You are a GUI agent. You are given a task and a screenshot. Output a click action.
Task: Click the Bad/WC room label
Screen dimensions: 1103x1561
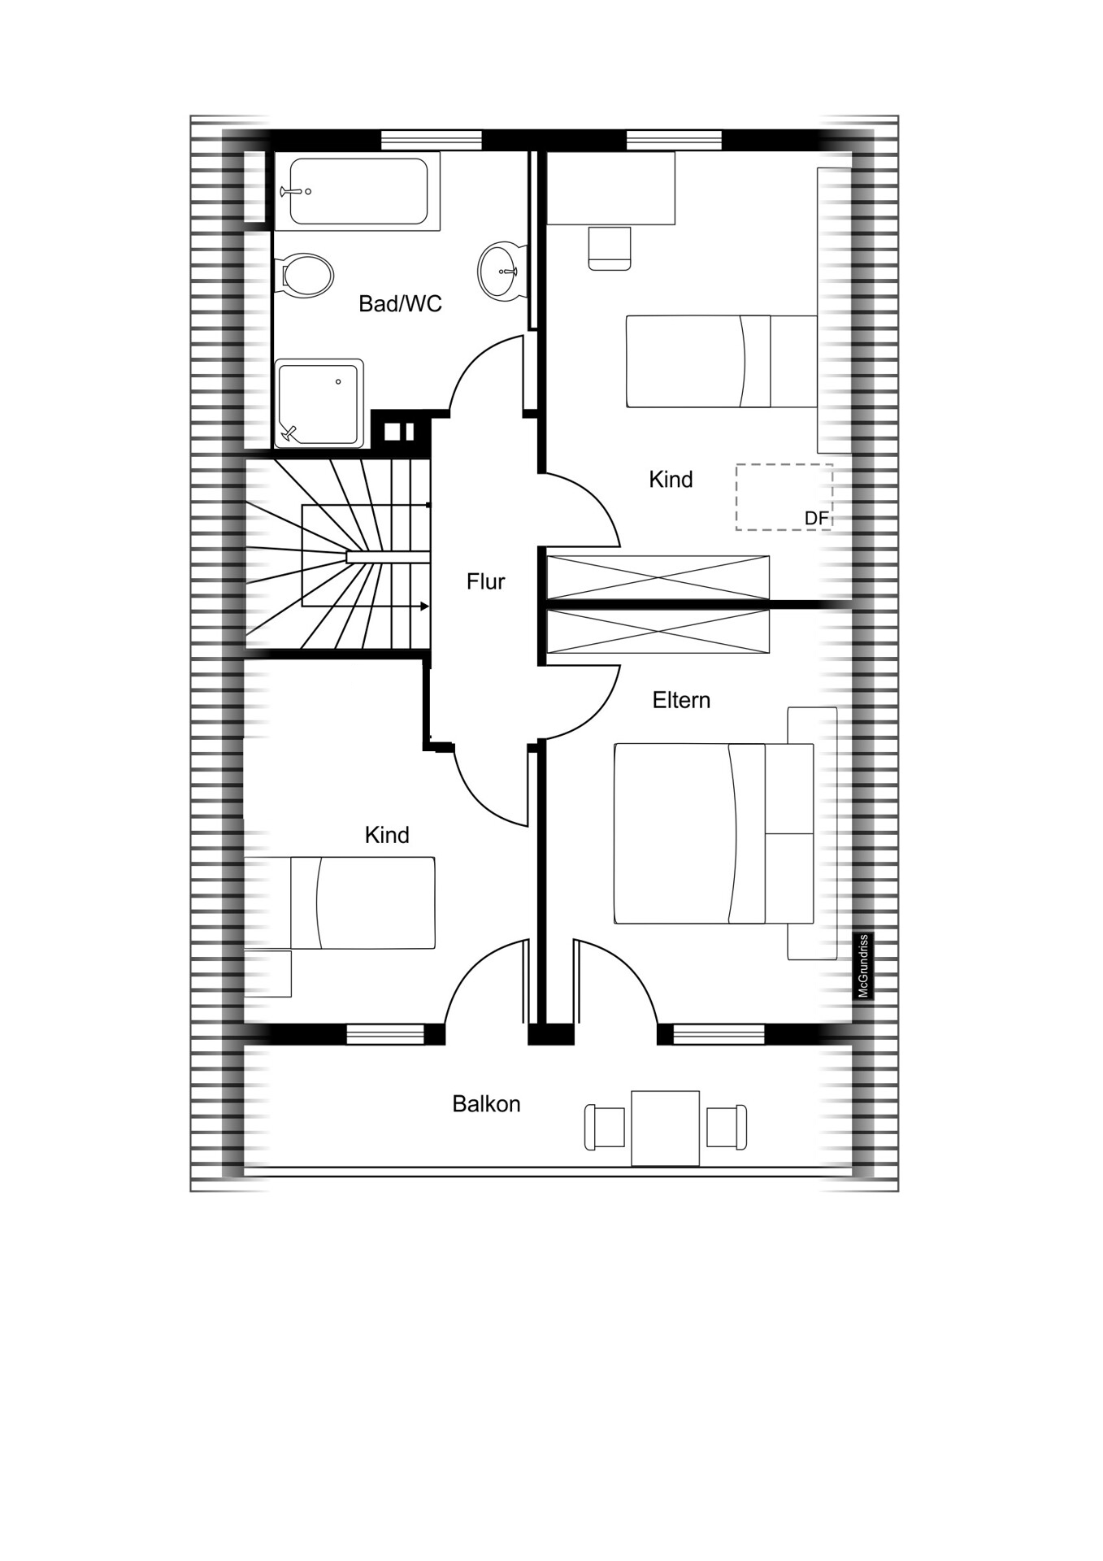click(400, 304)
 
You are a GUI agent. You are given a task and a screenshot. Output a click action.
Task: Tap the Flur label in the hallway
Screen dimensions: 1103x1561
click(485, 581)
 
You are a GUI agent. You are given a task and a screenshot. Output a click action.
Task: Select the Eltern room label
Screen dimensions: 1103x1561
click(681, 700)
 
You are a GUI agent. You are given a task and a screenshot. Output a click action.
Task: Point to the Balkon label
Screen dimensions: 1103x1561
click(486, 1104)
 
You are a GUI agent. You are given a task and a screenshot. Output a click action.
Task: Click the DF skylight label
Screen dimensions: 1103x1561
click(815, 518)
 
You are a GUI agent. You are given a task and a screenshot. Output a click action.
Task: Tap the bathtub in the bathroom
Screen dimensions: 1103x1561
click(358, 191)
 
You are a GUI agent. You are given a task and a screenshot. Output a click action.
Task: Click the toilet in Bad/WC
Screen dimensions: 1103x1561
click(303, 274)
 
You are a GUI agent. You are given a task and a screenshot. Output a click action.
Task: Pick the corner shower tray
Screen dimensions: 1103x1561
click(319, 403)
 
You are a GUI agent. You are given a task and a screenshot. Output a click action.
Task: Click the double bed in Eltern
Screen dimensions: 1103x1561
click(714, 833)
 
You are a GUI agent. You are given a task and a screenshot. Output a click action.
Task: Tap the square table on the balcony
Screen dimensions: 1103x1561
click(665, 1128)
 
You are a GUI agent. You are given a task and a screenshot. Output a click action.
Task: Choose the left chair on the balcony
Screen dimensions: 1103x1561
click(605, 1128)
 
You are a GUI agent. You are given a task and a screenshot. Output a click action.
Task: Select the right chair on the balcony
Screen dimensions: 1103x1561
click(727, 1127)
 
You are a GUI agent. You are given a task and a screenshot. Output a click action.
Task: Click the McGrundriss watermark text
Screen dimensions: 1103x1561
click(864, 966)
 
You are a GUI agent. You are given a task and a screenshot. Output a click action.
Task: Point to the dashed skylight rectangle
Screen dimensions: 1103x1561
click(784, 497)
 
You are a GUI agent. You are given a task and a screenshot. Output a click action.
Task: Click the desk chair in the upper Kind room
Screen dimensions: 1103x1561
click(610, 249)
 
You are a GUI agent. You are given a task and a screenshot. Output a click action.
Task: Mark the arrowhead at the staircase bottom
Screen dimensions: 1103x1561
click(424, 607)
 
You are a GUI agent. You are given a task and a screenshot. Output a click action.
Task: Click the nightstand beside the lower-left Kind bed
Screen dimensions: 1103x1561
click(267, 973)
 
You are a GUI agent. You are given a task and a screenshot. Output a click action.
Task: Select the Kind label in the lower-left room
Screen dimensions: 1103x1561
click(387, 835)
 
